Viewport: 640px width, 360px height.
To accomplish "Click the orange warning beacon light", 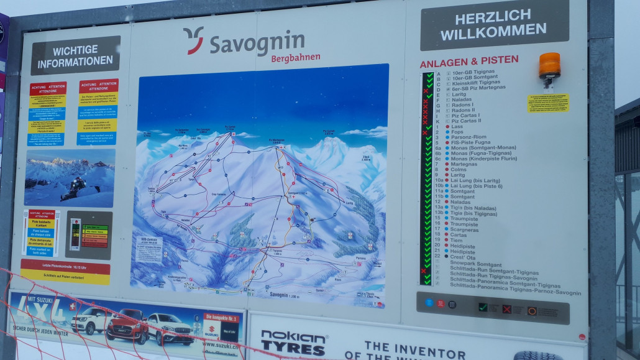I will [549, 65].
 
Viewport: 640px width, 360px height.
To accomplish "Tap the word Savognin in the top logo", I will [257, 44].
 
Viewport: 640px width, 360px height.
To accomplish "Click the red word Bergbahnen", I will [296, 58].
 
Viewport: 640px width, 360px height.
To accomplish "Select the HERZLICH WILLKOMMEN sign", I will [494, 24].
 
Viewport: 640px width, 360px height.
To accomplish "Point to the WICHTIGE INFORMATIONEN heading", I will [76, 55].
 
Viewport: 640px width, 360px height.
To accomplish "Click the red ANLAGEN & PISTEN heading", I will [469, 61].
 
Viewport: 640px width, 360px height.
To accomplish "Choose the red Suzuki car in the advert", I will [127, 325].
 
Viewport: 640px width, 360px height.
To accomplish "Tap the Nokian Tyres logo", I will [293, 343].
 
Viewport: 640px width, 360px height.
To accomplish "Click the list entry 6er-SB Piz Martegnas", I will [478, 88].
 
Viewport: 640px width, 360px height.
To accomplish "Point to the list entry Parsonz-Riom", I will [469, 137].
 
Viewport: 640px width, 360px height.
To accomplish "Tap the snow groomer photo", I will [70, 178].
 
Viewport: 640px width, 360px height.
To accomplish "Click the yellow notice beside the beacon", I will [548, 103].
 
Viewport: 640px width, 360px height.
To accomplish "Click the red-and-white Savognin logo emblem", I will [193, 40].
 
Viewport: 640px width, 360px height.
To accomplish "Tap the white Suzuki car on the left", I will [91, 321].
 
